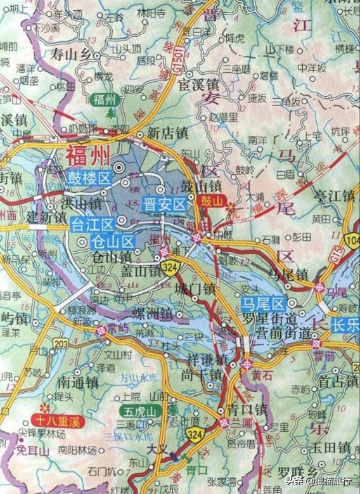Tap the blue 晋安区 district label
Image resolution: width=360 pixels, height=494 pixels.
tap(164, 205)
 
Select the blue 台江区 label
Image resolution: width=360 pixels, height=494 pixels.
tap(92, 224)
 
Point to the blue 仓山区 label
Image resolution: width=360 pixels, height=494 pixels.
tap(113, 242)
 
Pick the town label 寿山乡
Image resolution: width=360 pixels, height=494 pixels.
tap(70, 54)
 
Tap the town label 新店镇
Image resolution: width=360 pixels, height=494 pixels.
tap(167, 133)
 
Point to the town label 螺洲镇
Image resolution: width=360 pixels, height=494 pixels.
tap(153, 315)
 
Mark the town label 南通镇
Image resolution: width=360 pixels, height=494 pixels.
tap(77, 383)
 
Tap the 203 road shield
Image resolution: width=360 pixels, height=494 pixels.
tap(61, 344)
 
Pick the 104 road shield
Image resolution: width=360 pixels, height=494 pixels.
tap(352, 239)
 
